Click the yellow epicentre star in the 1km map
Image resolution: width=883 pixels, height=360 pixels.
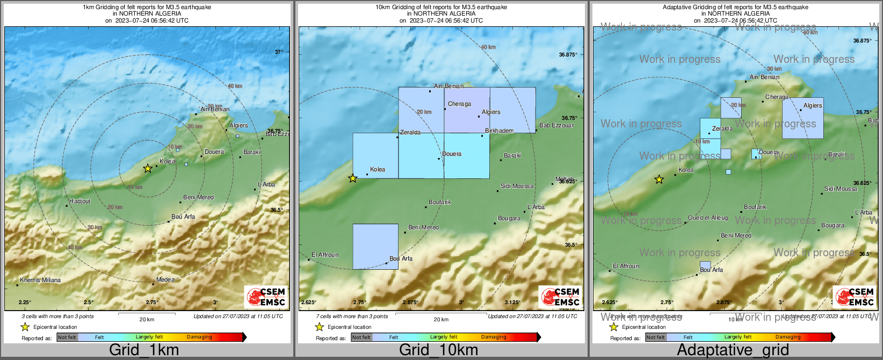[x=148, y=169]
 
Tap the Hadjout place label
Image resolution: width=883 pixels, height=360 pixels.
[x=80, y=201]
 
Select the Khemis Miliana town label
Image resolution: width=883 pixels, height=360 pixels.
[x=40, y=280]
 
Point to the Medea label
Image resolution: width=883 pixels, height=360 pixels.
[x=165, y=280]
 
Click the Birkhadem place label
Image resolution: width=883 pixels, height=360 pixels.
[x=499, y=131]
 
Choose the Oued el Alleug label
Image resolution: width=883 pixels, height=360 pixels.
[x=708, y=218]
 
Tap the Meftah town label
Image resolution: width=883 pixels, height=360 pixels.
[x=564, y=179]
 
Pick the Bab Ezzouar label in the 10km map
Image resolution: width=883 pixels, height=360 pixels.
[x=556, y=126]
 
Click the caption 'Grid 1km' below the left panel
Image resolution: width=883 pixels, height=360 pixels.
[x=143, y=350]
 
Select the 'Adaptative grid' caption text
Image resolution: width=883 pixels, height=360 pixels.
[x=733, y=350]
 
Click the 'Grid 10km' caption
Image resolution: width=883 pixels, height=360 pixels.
[x=438, y=350]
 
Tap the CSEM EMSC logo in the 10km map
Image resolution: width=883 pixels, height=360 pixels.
[x=560, y=297]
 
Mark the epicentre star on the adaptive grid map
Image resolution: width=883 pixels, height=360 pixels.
[x=659, y=179]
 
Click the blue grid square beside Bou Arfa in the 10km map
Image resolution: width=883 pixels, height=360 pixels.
[x=375, y=247]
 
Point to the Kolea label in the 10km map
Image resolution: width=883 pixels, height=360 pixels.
[x=378, y=170]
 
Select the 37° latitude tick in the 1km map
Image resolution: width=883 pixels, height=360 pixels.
[x=279, y=52]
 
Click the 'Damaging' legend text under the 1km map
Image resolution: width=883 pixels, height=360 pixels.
[x=199, y=337]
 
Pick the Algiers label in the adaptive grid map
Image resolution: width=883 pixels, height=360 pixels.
[x=813, y=106]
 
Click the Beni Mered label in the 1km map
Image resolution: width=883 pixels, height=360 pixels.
[x=198, y=198]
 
